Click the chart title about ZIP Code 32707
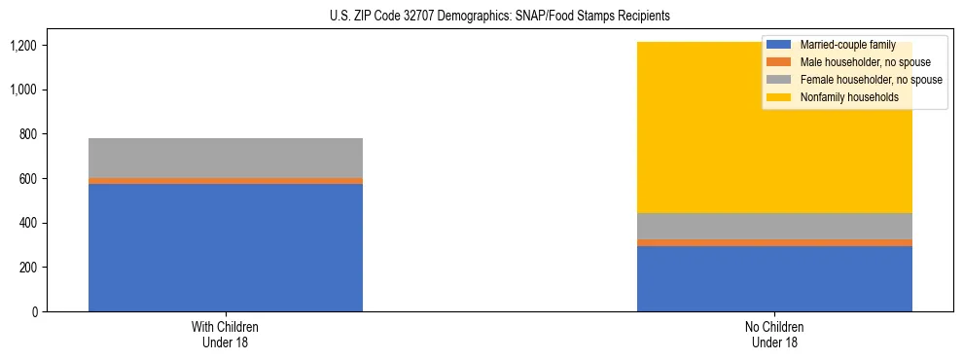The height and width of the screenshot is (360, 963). click(x=481, y=17)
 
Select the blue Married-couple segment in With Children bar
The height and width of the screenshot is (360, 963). click(x=226, y=247)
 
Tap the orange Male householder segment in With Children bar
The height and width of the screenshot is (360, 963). click(x=226, y=180)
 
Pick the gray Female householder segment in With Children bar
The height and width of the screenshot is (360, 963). click(x=226, y=158)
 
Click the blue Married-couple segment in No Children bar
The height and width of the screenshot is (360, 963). click(x=774, y=278)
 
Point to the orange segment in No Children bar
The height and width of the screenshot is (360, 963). click(x=774, y=242)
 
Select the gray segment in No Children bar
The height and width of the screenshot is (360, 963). click(x=774, y=226)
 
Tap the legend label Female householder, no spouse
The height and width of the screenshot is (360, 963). click(x=870, y=80)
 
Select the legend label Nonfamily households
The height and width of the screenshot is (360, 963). click(x=843, y=97)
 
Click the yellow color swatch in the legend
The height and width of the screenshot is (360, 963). click(x=779, y=97)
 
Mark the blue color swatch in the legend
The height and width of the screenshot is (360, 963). click(x=779, y=45)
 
